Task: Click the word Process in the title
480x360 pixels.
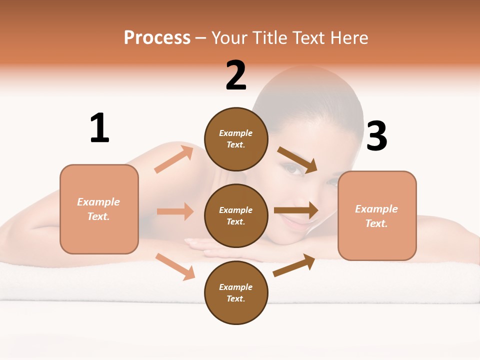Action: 157,38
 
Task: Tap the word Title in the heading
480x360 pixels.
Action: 270,38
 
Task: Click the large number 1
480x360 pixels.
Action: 99,128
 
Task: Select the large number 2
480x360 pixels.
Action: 236,75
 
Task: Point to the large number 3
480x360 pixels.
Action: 377,136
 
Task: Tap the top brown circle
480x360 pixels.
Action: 236,139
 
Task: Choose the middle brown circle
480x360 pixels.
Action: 236,216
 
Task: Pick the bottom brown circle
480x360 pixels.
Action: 236,293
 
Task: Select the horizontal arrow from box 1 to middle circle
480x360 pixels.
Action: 175,211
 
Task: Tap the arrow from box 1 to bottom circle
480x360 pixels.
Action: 175,266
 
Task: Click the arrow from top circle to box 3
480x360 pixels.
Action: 297,160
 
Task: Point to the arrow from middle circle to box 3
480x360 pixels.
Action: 295,210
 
